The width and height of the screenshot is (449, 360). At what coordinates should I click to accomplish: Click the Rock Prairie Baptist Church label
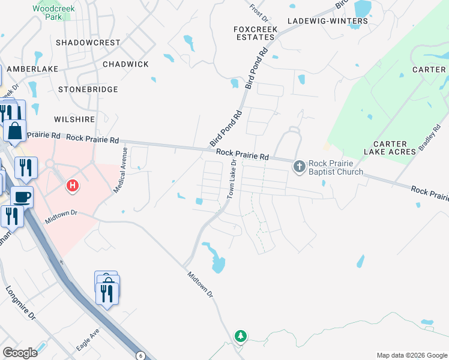coord(336,168)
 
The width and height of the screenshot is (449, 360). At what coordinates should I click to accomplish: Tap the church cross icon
coord(299,166)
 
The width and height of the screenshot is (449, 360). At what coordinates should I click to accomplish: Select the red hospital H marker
coord(73,186)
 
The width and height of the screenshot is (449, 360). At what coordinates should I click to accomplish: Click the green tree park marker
coord(241,336)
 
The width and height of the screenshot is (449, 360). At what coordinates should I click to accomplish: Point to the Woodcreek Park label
coord(46,13)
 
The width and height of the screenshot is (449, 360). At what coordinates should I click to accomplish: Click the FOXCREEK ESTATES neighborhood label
coord(255,32)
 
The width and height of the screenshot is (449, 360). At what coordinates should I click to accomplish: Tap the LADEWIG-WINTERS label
coord(327,21)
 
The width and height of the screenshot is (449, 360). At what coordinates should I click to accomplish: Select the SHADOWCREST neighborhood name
coord(88,43)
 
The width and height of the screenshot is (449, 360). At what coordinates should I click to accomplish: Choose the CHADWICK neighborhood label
coord(125,64)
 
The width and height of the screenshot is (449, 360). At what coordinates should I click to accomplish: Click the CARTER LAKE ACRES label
coord(394,148)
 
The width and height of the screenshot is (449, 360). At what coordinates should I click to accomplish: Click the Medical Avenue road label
coord(121,172)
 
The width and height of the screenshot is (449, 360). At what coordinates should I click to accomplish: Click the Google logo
coord(20,353)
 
